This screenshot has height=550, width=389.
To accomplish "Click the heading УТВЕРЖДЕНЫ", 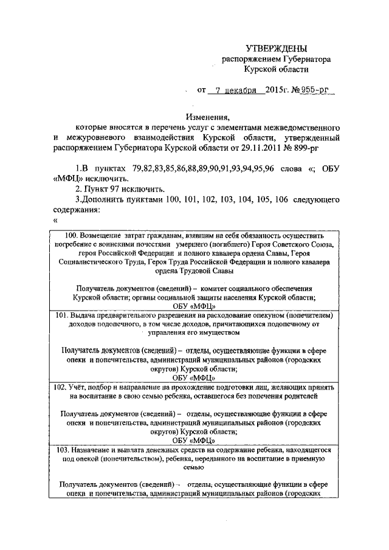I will [277, 48].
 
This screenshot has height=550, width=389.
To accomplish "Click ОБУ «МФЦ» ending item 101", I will [196, 377].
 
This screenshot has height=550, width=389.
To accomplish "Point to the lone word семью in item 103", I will [196, 468].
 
